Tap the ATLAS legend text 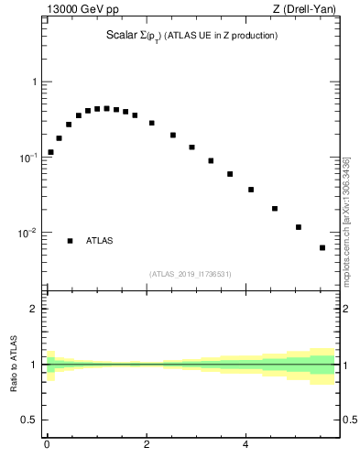click(100, 241)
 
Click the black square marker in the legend click(70, 241)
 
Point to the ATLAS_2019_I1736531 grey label click(191, 274)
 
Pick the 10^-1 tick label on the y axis click(30, 158)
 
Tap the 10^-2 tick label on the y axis click(30, 233)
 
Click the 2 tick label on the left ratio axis click(36, 309)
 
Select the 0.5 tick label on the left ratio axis click(31, 420)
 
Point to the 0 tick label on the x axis click(47, 446)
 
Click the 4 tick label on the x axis click(245, 446)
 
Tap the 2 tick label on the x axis click(146, 446)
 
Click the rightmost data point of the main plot click(322, 247)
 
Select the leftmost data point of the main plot click(50, 152)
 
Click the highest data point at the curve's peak click(106, 108)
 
